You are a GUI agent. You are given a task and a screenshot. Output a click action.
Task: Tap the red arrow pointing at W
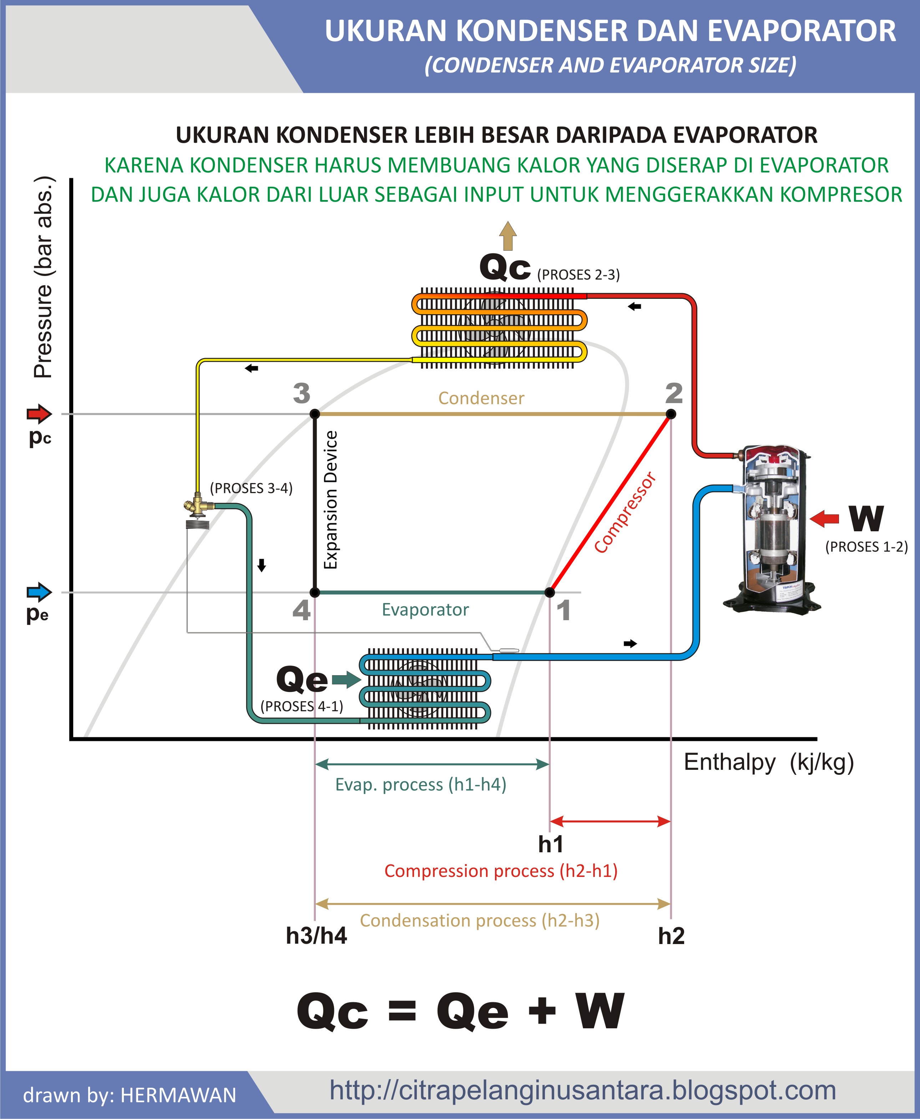tap(824, 518)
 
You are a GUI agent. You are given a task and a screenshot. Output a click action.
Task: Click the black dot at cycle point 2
tap(671, 414)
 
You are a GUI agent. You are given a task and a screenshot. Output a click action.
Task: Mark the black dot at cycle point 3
tap(315, 414)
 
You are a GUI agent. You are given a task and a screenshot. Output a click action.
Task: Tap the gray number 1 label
tap(563, 610)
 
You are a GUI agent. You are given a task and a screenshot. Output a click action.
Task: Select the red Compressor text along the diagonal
tap(625, 513)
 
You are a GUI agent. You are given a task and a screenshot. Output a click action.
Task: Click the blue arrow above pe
tap(39, 592)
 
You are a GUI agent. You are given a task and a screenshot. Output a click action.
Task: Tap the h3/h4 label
tap(317, 935)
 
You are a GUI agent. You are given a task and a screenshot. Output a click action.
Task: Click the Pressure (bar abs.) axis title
tap(44, 277)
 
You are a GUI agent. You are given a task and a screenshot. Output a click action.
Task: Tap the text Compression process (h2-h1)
tap(501, 871)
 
